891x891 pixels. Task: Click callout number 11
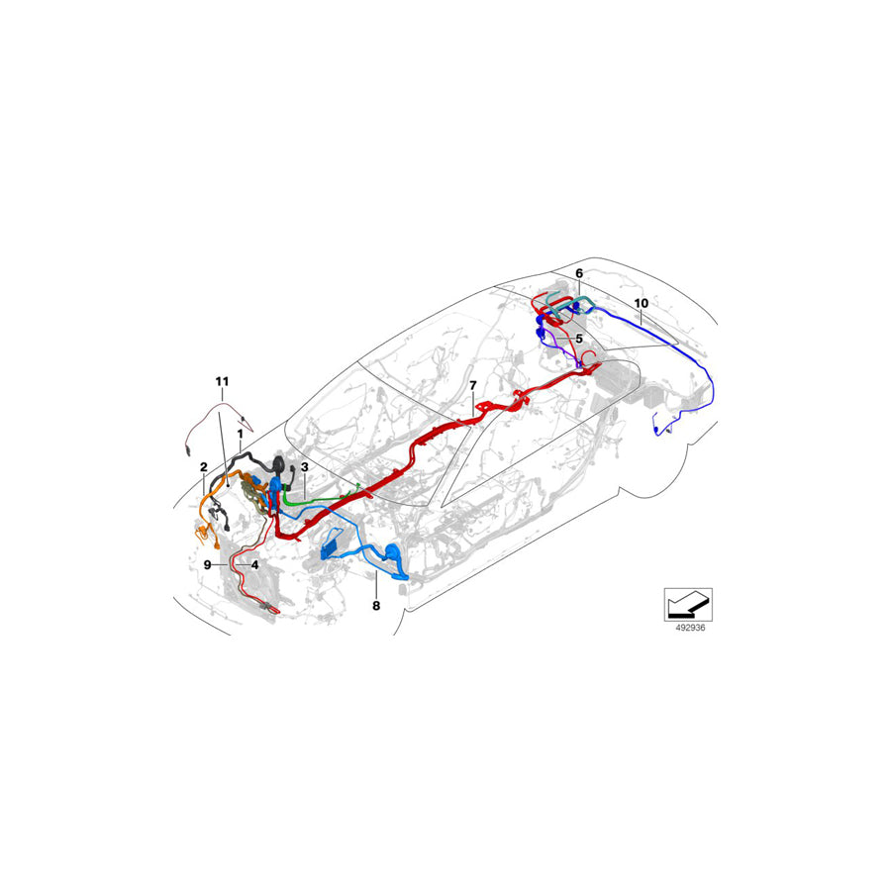click(x=222, y=380)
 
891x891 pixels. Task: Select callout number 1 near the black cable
click(x=239, y=433)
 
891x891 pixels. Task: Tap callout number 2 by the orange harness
click(x=203, y=466)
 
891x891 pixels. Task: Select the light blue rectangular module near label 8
click(x=333, y=547)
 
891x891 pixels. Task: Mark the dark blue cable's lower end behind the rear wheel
click(x=658, y=431)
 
